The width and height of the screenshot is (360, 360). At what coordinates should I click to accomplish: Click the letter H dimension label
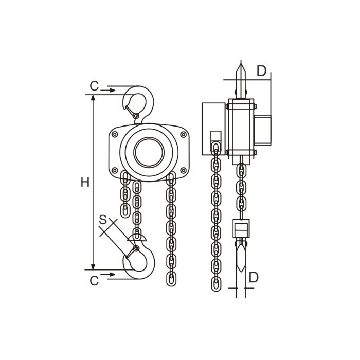click(x=85, y=183)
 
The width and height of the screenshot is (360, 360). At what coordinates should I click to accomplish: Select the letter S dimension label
click(x=103, y=220)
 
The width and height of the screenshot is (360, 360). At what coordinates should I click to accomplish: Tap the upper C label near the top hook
click(x=94, y=86)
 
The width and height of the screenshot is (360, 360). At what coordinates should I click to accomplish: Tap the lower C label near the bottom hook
click(x=94, y=281)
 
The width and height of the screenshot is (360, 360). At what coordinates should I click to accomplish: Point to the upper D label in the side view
click(x=261, y=71)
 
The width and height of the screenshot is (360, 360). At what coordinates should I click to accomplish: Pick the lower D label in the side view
click(x=254, y=277)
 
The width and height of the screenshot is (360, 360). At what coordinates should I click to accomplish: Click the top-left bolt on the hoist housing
click(x=115, y=134)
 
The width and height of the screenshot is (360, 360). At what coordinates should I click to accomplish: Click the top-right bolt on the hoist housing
click(x=183, y=134)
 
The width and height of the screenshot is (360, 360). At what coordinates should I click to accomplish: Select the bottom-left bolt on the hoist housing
click(x=115, y=170)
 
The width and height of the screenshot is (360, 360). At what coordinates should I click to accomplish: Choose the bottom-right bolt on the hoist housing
click(x=183, y=170)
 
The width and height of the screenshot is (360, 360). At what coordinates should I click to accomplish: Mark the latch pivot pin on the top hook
click(x=136, y=115)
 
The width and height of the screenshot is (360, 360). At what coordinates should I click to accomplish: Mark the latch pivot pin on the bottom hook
click(x=136, y=248)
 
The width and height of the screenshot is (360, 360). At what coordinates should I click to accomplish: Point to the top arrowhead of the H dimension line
click(x=93, y=98)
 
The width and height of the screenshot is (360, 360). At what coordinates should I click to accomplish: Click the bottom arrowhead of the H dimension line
click(x=93, y=267)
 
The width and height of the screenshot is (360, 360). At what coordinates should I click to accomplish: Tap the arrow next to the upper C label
click(x=108, y=91)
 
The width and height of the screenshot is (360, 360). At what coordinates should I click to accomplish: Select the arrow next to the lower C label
click(x=108, y=275)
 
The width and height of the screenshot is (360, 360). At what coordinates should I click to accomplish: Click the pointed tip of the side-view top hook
click(x=241, y=62)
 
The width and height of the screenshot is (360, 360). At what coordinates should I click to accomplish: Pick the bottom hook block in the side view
click(x=241, y=228)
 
